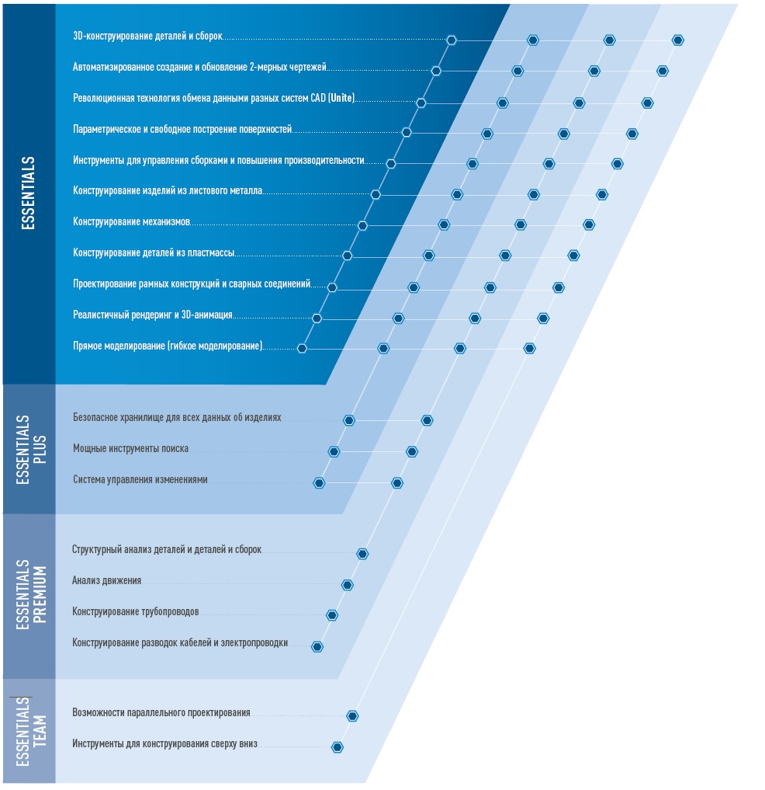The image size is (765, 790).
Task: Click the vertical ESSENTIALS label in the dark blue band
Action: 28,193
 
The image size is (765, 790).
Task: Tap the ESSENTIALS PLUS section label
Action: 31,450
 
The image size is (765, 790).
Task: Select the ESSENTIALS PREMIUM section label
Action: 31,594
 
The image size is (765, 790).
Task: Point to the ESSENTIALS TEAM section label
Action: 31,732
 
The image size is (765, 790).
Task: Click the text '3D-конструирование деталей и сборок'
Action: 147,37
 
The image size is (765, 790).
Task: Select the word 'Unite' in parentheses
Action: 341,98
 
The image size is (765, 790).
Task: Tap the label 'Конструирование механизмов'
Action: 131,221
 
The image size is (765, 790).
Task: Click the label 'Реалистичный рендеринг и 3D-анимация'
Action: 153,315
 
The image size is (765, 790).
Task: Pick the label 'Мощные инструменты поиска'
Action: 131,448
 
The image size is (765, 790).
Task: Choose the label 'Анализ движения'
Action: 107,580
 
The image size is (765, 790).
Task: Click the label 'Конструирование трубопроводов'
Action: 135,611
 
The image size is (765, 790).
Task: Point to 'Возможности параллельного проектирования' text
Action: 161,712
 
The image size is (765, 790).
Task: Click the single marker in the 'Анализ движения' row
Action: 348,585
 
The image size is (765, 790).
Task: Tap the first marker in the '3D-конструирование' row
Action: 452,40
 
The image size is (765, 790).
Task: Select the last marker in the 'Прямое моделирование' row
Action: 529,348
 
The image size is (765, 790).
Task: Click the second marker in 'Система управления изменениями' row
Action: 397,483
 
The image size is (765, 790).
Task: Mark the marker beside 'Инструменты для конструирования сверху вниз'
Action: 337,747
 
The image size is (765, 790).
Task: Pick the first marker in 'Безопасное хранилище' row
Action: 349,420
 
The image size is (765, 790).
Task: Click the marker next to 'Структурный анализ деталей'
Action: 362,554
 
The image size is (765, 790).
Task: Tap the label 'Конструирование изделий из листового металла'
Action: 168,190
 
